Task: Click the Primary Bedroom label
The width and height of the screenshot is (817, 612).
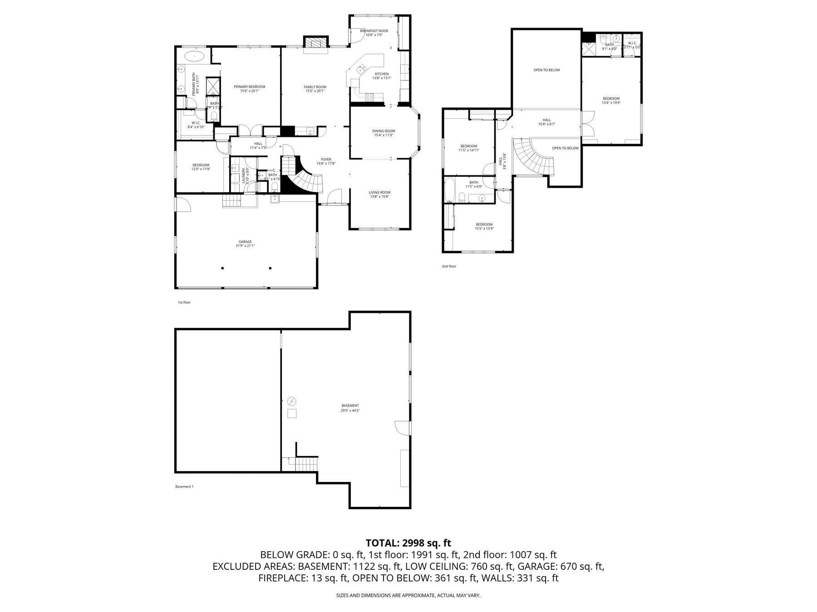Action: (x=249, y=87)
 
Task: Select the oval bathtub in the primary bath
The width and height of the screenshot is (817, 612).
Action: (x=195, y=57)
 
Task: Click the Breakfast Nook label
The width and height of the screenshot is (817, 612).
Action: (x=374, y=31)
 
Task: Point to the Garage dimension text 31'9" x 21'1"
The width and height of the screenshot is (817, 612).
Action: (x=245, y=246)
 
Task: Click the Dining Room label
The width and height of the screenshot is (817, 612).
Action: (x=384, y=131)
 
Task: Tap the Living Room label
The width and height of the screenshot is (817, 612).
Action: (x=379, y=192)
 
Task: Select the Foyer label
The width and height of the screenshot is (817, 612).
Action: (x=326, y=159)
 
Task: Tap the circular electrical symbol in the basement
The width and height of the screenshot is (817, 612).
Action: (x=292, y=401)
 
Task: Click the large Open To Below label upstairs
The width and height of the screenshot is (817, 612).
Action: (x=546, y=70)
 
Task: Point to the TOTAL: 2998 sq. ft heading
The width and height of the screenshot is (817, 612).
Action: (x=408, y=543)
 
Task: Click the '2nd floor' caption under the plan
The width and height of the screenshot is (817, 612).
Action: (x=448, y=266)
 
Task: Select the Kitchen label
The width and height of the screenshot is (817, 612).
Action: (x=381, y=74)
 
